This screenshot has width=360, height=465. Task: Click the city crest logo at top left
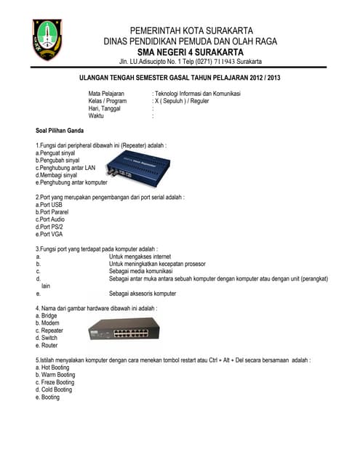pos(48,40)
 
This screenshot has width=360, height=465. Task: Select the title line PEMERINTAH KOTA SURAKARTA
pos(191,30)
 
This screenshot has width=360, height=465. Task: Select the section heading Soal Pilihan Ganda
pos(60,131)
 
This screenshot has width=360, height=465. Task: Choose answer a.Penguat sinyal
pos(55,153)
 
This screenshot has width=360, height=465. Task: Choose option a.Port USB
pos(50,205)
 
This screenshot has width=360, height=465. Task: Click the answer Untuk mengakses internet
pos(140,256)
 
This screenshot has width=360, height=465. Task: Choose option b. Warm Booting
pos(55,375)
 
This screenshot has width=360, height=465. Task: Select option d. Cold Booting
pos(54,389)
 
